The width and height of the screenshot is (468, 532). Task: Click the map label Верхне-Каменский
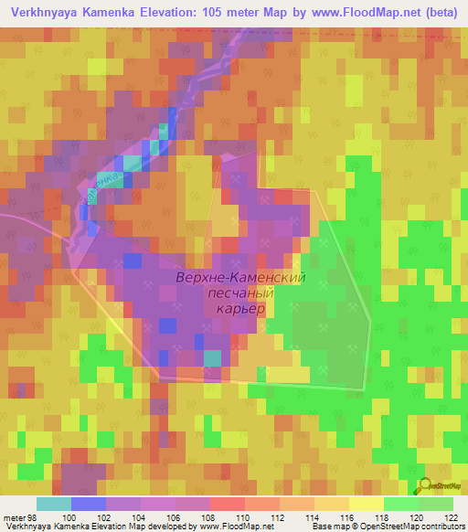tap(239, 276)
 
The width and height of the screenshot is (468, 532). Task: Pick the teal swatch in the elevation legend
tap(53, 504)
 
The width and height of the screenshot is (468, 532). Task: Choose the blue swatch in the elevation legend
tap(89, 504)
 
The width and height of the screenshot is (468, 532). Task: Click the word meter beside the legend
tap(13, 516)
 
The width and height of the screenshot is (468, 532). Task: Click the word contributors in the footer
tap(442, 527)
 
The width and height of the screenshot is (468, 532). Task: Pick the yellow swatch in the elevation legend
tap(365, 504)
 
